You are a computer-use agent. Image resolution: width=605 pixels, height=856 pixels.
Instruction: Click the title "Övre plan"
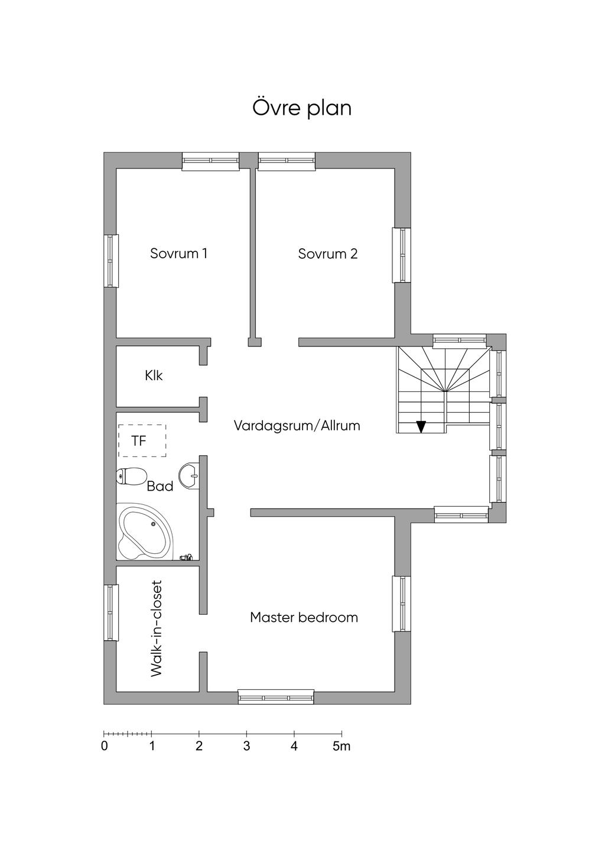coord(302,108)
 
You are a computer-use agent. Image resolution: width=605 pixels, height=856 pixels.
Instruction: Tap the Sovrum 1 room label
coord(179,254)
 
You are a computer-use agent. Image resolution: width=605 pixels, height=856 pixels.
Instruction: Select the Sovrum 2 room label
coord(328,254)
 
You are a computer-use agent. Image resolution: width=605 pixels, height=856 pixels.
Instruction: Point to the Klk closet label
coord(154,375)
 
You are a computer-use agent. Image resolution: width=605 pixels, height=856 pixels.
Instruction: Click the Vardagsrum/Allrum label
coord(297,426)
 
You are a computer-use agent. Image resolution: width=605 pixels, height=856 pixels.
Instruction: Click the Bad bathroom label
coord(160,486)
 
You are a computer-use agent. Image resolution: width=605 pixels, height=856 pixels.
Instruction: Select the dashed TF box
coord(142,440)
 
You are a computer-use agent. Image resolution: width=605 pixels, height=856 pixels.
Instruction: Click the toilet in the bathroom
coord(131,476)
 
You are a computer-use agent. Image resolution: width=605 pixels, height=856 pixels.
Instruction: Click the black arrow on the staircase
coord(421,426)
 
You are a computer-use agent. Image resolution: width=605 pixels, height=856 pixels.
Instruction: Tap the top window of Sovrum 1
coord(210,161)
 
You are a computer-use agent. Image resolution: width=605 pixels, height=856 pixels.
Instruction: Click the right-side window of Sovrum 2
coord(401,255)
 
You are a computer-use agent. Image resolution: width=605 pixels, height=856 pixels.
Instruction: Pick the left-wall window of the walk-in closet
coord(111,612)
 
